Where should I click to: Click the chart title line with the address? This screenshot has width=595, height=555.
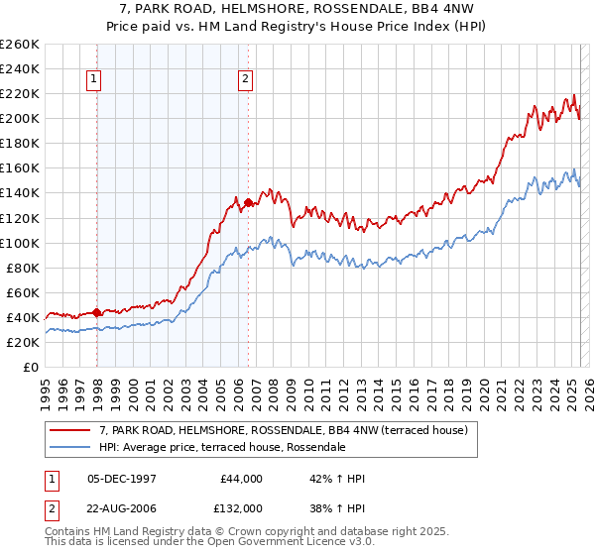click(x=297, y=11)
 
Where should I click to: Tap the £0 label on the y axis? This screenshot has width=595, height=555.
click(x=31, y=367)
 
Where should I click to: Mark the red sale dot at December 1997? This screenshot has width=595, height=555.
click(x=96, y=312)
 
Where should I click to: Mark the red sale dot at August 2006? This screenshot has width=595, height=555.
click(x=248, y=202)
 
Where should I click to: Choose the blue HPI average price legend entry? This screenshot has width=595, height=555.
click(x=221, y=447)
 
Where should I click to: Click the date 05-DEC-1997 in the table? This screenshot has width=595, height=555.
click(x=125, y=479)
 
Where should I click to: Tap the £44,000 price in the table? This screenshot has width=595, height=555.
click(x=239, y=479)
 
